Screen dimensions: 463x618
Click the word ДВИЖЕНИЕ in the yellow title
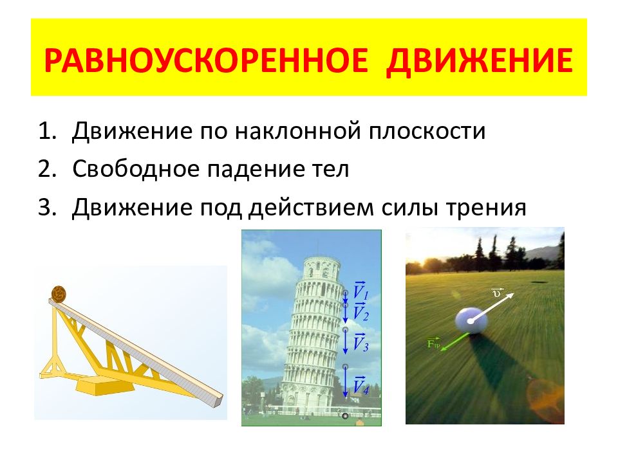point(480,60)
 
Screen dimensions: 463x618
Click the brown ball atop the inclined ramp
point(60,293)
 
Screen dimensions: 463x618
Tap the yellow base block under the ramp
point(97,388)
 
